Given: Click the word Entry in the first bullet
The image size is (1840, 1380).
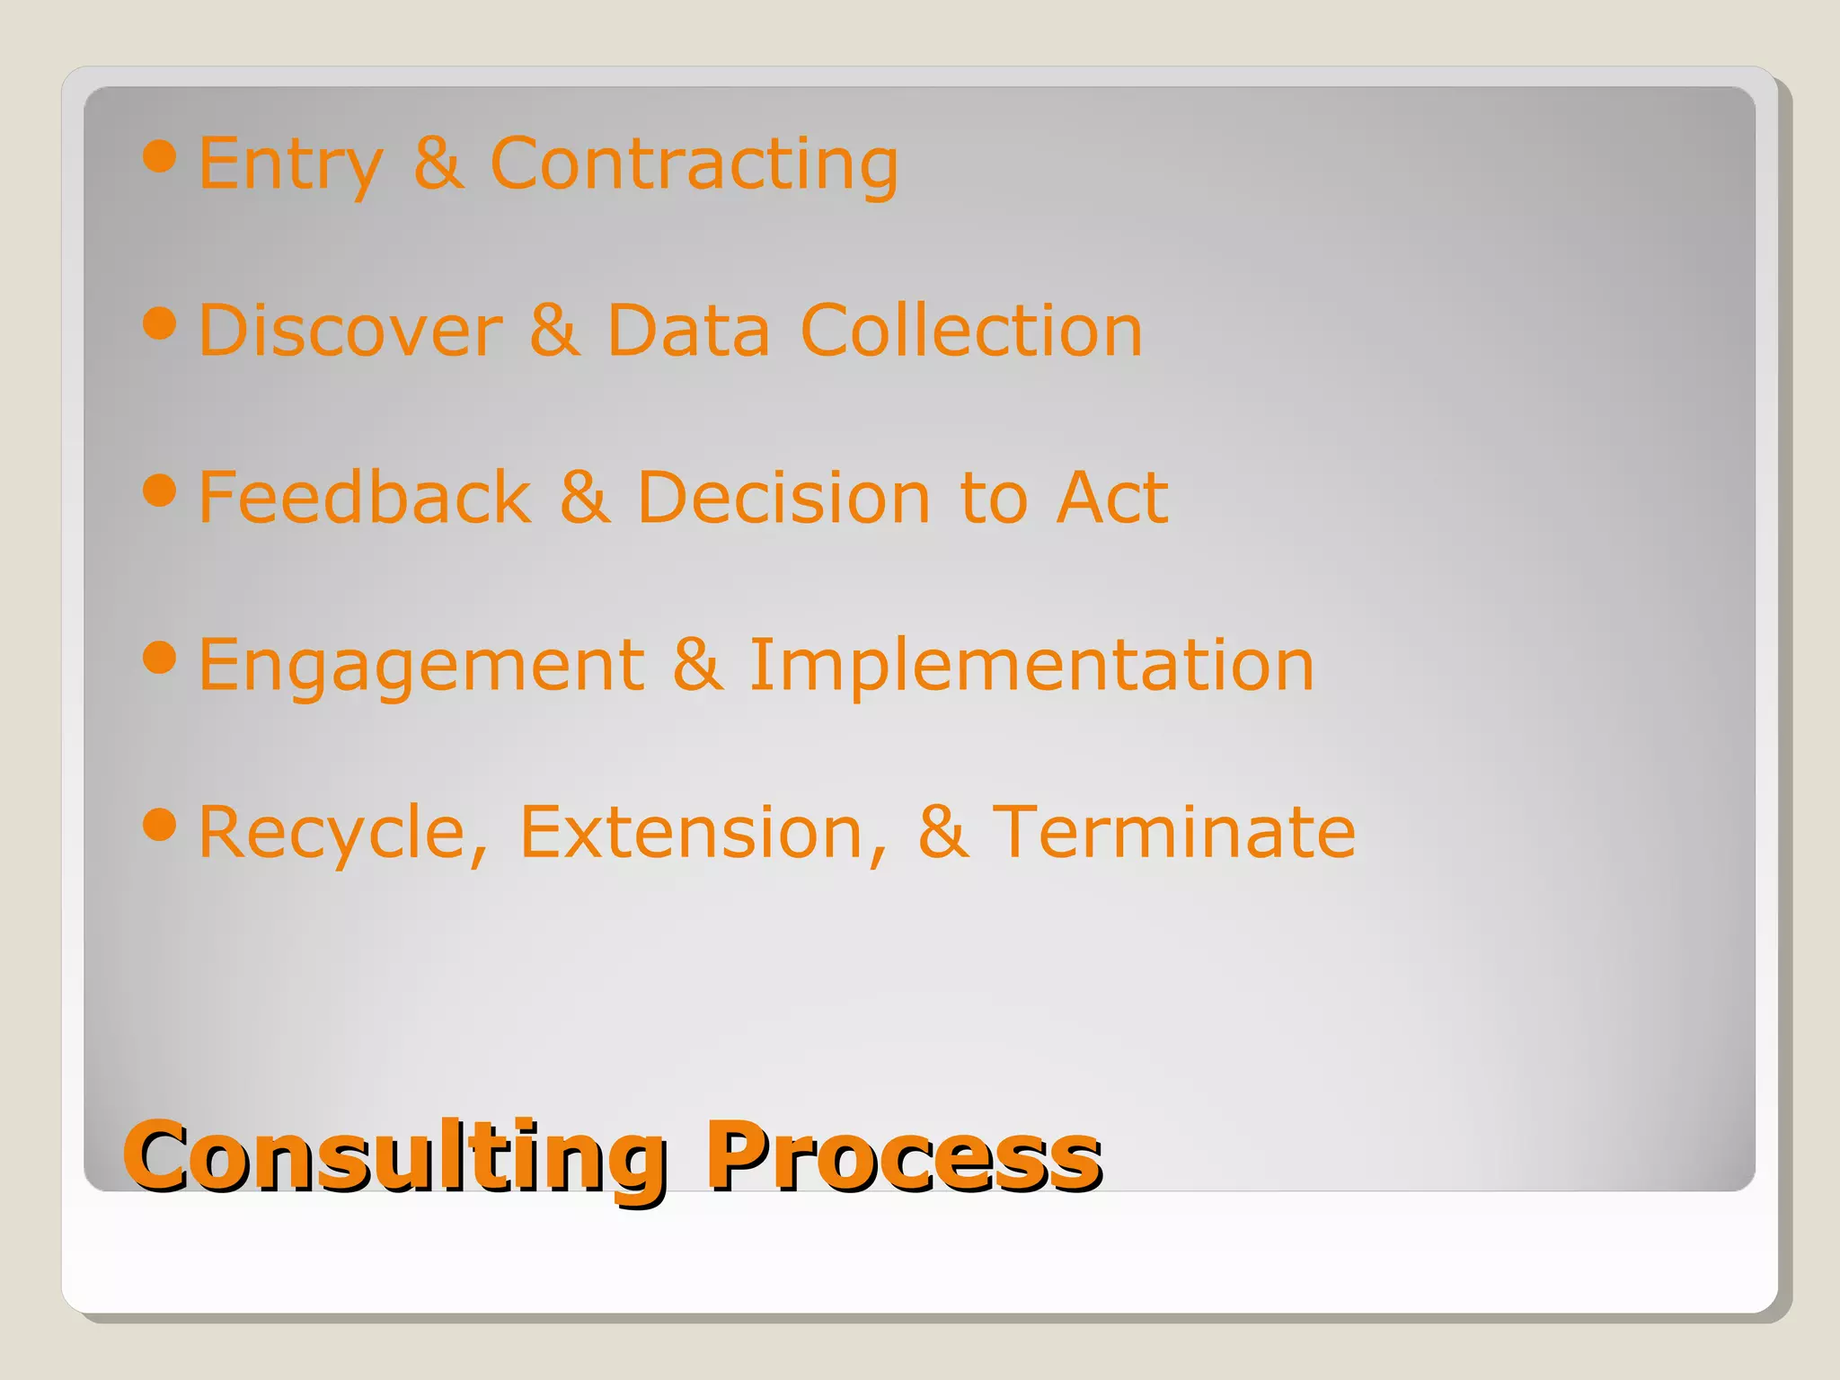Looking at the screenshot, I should click(289, 164).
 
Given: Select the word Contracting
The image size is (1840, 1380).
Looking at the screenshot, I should click(694, 164).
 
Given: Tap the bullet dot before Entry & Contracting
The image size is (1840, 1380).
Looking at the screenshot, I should click(160, 156).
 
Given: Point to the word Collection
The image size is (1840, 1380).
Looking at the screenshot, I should click(970, 331).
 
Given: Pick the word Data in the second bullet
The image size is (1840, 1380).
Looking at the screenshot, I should click(688, 331).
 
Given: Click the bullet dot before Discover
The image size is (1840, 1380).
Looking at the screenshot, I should click(160, 323).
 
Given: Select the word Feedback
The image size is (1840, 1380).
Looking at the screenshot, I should click(365, 498).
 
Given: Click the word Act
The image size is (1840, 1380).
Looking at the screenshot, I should click(1112, 498).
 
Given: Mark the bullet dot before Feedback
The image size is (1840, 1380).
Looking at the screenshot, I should click(160, 491).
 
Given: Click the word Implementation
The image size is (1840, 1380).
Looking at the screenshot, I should click(1031, 665).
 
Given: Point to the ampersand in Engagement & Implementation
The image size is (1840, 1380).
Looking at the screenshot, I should click(697, 665).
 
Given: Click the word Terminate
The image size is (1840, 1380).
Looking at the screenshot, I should click(1173, 832).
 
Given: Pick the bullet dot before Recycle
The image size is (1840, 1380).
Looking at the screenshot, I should click(160, 825).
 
